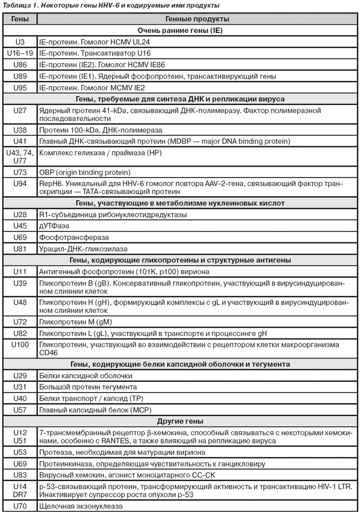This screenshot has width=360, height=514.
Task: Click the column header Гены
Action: click(x=20, y=19)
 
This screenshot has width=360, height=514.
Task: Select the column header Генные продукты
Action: click(x=197, y=19)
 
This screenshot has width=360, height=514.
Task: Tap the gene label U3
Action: click(x=20, y=42)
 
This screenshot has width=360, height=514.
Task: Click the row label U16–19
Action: click(x=20, y=54)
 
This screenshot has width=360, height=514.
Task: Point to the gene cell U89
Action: click(x=20, y=76)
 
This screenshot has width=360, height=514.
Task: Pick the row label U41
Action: click(x=20, y=141)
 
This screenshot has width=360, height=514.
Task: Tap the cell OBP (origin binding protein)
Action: click(x=85, y=172)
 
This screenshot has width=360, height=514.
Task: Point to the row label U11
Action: click(x=20, y=271)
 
